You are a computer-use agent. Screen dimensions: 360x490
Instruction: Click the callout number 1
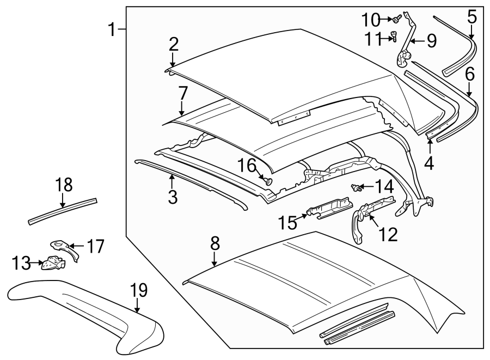112,29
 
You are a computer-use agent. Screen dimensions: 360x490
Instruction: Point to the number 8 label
215,243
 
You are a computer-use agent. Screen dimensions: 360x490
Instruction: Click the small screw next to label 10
396,20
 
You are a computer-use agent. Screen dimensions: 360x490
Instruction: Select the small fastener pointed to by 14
357,188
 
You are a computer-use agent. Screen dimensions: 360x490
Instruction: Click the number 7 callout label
182,94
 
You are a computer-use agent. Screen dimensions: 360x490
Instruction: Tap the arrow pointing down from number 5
471,32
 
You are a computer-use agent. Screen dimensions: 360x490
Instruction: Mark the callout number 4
430,163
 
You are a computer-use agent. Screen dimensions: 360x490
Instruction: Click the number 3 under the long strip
173,197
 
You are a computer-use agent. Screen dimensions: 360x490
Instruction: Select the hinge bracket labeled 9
406,49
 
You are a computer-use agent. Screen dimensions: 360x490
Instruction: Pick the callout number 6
469,73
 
